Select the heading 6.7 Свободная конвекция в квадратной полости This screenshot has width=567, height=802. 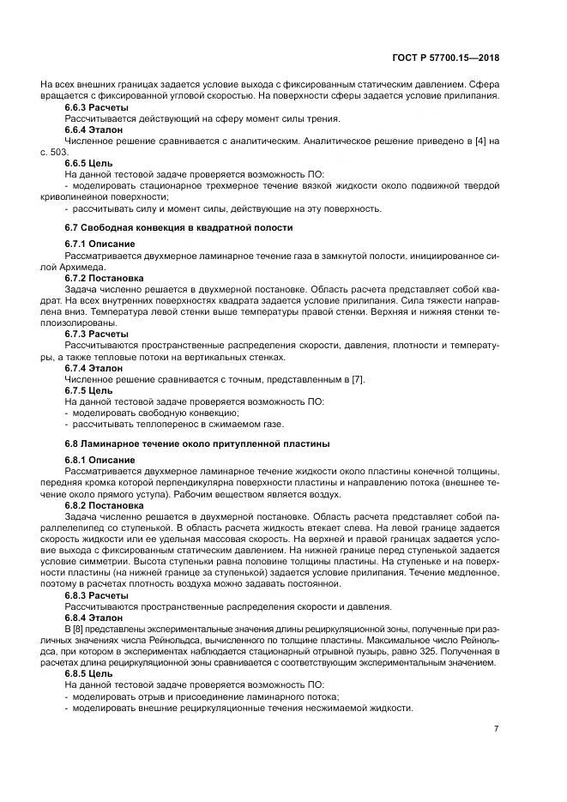tap(178, 228)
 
